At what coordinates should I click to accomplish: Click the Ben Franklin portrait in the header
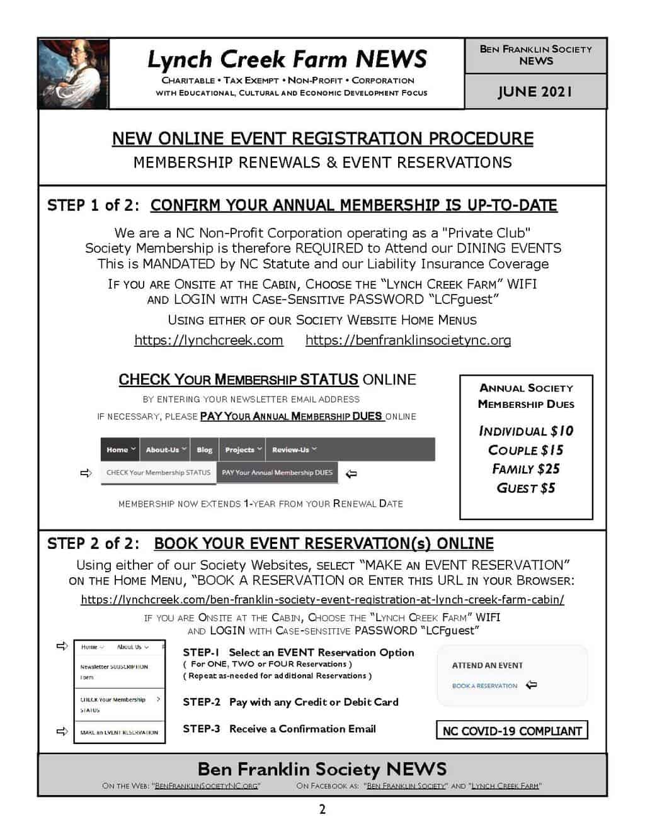(x=73, y=74)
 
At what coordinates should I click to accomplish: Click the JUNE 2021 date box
(x=535, y=91)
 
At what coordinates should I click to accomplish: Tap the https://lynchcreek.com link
(x=208, y=341)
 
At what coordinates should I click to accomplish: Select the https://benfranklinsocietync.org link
(x=408, y=341)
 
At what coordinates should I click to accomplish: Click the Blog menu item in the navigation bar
(x=204, y=449)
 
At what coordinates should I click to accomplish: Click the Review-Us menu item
(x=294, y=449)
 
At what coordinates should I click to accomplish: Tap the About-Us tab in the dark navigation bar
(x=166, y=449)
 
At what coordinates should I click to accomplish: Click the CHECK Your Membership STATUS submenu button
(x=158, y=473)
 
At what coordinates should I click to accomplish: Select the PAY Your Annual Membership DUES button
(x=277, y=473)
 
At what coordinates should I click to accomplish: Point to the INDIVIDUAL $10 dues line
(x=526, y=431)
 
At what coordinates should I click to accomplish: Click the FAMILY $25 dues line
(x=526, y=469)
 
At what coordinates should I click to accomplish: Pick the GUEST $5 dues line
(x=526, y=488)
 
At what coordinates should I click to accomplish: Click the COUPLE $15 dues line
(x=526, y=450)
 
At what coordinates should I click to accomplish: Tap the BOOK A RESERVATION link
(x=484, y=685)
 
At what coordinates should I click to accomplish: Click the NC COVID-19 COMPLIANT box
(x=511, y=731)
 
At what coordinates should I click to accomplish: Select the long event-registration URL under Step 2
(x=322, y=600)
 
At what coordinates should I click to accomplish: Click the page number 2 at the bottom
(x=322, y=809)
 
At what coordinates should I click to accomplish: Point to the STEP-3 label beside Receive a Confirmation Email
(x=202, y=729)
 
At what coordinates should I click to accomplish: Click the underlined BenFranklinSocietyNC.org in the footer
(x=207, y=786)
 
